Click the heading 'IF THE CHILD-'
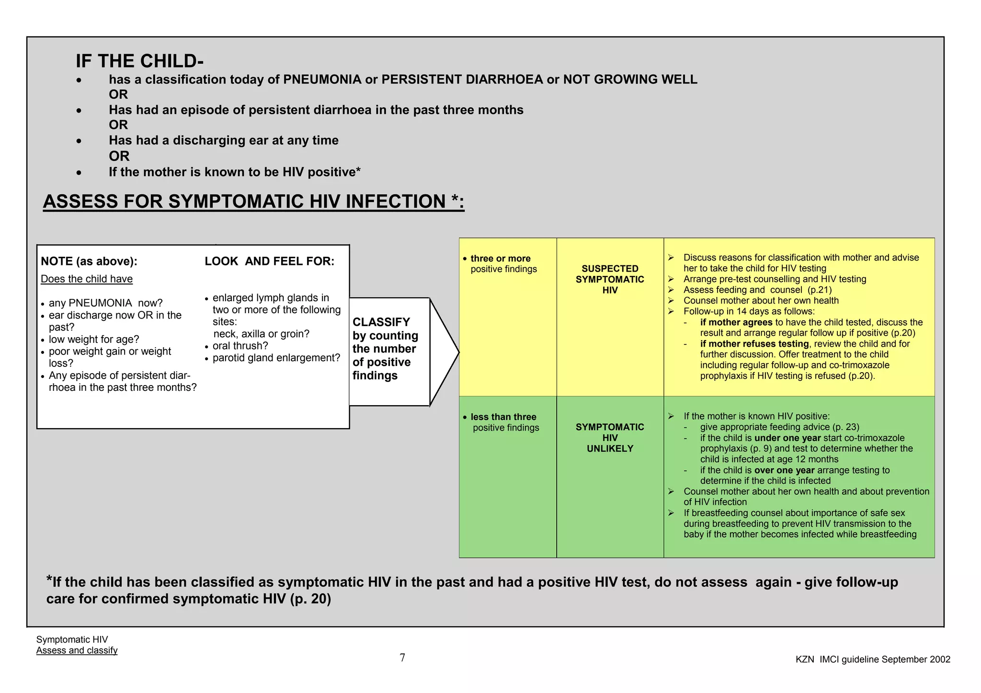point(139,61)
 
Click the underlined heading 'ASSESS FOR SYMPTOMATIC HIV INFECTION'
point(253,202)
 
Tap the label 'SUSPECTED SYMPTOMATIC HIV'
point(610,279)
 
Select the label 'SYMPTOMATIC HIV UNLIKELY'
point(610,438)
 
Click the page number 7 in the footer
point(402,658)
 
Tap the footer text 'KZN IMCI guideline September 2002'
point(873,659)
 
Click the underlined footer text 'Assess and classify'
point(77,650)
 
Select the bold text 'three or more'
point(501,259)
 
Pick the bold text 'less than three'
point(503,417)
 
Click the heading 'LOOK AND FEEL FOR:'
point(269,261)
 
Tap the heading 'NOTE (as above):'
point(89,261)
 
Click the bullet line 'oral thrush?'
point(240,346)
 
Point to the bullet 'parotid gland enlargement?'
point(276,358)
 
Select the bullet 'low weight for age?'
point(94,340)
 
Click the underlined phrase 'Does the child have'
point(87,279)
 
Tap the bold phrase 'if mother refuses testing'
point(754,344)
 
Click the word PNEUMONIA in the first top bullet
point(322,80)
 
